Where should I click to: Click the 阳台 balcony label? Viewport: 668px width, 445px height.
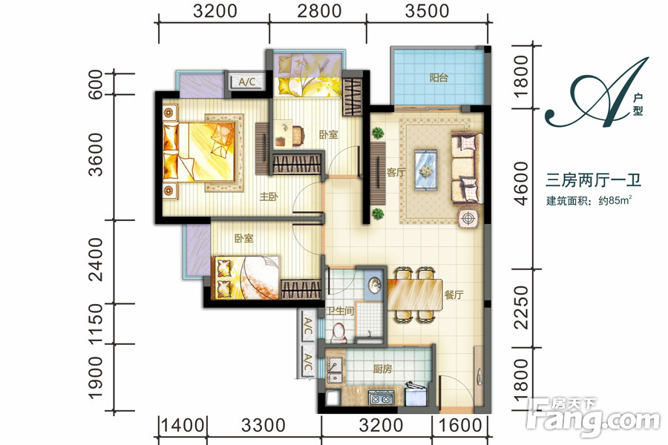pos(439,78)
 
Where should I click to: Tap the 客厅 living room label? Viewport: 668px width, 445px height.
pos(396,173)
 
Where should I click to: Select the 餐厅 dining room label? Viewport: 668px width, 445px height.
pos(453,294)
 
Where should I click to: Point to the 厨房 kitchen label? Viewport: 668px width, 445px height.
pos(382,369)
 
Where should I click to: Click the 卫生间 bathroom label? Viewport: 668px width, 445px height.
pos(340,311)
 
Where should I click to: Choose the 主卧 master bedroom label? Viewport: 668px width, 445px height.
pos(269,197)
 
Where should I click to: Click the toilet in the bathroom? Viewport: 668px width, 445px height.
pos(339,333)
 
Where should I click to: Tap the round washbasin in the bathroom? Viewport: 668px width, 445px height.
pos(375,285)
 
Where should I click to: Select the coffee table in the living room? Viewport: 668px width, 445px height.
pos(426,170)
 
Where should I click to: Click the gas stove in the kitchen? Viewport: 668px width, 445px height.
pos(381,399)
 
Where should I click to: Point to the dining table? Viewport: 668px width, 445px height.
pos(414,294)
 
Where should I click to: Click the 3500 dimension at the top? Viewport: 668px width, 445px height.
pos(427,11)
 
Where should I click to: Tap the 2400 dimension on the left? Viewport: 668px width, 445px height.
pos(96,260)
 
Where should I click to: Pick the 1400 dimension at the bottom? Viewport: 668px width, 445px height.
pos(183,425)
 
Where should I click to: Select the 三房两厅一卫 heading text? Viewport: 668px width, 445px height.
pos(594,180)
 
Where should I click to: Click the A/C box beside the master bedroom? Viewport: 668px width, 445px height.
pos(247,82)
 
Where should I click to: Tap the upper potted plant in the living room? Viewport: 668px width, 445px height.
pos(378,133)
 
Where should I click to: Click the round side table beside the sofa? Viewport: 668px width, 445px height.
pos(468,219)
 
